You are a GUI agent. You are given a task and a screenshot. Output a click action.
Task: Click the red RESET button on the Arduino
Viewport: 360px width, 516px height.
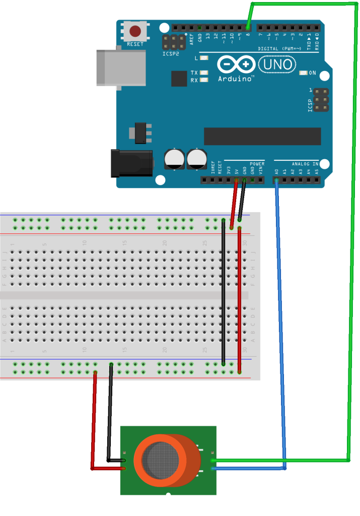click(135, 32)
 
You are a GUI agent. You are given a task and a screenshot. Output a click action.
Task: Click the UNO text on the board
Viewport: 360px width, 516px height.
click(276, 64)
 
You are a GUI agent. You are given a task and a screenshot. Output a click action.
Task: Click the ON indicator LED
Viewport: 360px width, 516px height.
click(303, 73)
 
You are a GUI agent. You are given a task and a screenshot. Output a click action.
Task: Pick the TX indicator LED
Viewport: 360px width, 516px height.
click(204, 73)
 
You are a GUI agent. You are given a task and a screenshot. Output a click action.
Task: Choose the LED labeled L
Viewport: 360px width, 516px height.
click(204, 58)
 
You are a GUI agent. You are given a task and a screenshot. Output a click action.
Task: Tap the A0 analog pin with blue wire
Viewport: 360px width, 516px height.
click(276, 180)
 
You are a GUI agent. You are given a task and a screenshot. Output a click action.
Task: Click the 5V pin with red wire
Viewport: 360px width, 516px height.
click(236, 180)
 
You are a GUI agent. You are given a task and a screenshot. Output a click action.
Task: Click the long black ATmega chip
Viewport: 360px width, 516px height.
click(262, 136)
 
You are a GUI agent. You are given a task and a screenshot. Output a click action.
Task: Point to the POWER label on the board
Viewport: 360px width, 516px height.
click(257, 164)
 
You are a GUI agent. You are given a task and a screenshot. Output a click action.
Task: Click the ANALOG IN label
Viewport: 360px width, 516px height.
click(305, 164)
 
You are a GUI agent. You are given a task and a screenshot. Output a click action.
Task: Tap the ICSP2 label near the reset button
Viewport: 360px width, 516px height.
click(171, 53)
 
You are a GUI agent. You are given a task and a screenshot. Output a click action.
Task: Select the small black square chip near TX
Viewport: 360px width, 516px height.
click(179, 79)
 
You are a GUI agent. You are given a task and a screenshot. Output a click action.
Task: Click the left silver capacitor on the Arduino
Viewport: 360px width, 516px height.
click(174, 158)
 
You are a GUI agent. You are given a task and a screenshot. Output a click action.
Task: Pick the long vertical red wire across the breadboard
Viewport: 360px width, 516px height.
click(239, 300)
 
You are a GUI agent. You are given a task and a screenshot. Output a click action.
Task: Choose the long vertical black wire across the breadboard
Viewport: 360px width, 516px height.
click(223, 292)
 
